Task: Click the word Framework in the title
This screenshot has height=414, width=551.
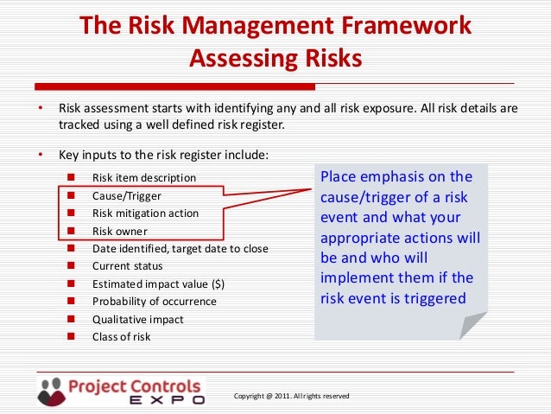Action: [x=403, y=27]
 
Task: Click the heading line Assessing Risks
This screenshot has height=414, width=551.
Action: [x=275, y=58]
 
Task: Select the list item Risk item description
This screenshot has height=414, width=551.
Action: [x=143, y=178]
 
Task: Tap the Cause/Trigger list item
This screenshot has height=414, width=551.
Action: [x=126, y=195]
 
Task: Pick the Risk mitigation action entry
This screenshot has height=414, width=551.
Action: [x=145, y=213]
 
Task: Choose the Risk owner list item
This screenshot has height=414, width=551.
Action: [x=119, y=231]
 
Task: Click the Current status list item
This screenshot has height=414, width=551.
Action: [x=127, y=266]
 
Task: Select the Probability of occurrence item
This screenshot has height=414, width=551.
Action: [x=154, y=302]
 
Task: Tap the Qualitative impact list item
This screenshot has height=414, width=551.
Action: [x=137, y=319]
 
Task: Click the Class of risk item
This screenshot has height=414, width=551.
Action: [x=121, y=336]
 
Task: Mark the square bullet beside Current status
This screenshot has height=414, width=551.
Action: [x=72, y=266]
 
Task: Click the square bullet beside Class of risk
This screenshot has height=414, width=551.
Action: [x=72, y=336]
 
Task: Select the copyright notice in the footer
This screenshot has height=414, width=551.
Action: [x=291, y=396]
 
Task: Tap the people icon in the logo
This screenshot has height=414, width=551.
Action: [x=51, y=391]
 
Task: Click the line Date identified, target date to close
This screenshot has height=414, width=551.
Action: [x=180, y=249]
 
